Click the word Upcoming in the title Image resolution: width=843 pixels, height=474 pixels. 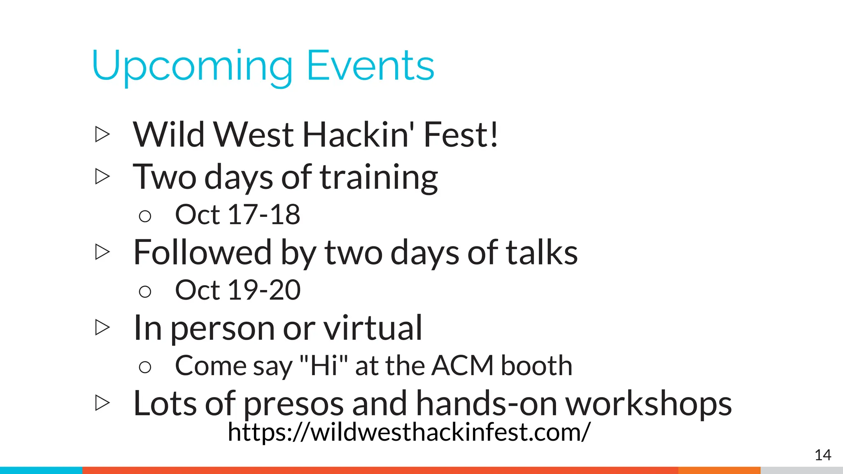point(192,66)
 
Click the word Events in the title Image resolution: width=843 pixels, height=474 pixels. point(370,66)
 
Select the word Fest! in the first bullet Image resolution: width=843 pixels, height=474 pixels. point(461,135)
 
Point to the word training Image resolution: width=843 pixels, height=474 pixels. point(379,178)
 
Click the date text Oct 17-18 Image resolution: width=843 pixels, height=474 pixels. point(238,215)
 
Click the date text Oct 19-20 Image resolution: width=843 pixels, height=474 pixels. point(238,290)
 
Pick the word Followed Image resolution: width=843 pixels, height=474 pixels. point(203,253)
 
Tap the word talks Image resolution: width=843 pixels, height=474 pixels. point(542,253)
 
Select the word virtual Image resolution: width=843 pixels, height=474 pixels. point(373,328)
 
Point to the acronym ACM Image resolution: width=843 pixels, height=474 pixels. point(463,366)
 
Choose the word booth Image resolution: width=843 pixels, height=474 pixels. point(536,366)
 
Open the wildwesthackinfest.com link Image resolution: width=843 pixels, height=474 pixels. point(409,432)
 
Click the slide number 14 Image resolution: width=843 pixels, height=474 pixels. point(823,455)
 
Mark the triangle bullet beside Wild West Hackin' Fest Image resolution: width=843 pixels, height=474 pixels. point(102,135)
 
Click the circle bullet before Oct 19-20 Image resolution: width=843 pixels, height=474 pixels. point(145,292)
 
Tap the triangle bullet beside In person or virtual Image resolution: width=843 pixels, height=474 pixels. point(102,328)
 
